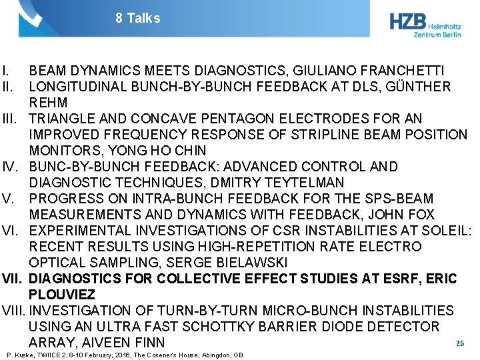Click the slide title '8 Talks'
coord(137,18)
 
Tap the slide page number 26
coord(459,343)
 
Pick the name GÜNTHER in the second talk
coord(419,87)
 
